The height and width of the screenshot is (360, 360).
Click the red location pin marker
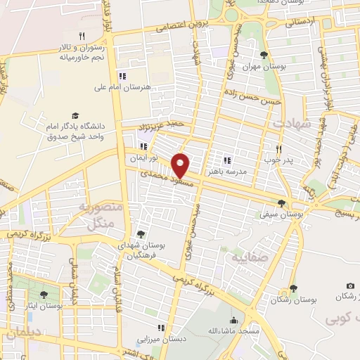pyautogui.click(x=181, y=165)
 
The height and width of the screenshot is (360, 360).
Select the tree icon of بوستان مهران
pyautogui.click(x=264, y=56)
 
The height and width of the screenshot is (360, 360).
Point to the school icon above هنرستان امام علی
pyautogui.click(x=122, y=77)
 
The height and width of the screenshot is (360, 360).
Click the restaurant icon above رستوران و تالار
pyautogui.click(x=82, y=36)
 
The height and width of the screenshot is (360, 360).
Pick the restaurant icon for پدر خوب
pyautogui.click(x=279, y=149)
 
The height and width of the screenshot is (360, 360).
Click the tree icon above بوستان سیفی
pyautogui.click(x=281, y=203)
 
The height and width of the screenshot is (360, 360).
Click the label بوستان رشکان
pyautogui.click(x=293, y=300)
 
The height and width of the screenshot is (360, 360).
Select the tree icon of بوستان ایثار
pyautogui.click(x=44, y=295)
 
